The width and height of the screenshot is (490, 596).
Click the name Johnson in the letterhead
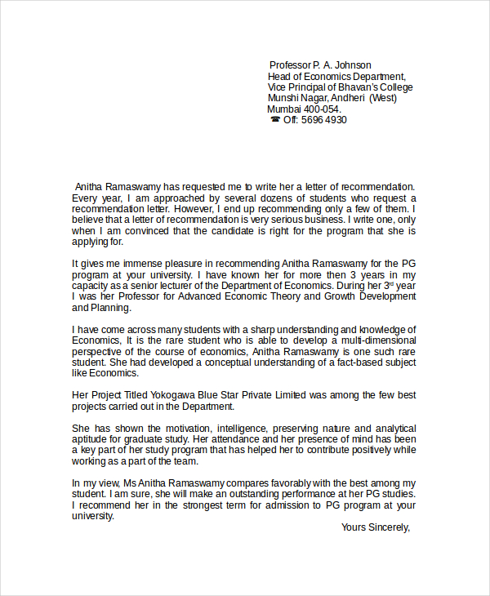[x=352, y=65]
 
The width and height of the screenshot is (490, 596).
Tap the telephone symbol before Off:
[x=274, y=120]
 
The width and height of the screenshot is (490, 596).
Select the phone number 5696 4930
[x=324, y=120]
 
